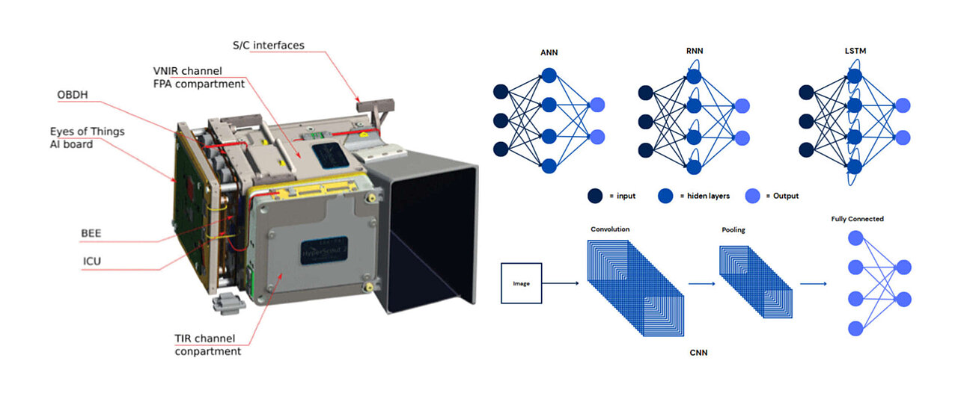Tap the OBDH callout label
click(76, 95)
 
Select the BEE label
click(91, 233)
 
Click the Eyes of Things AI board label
click(82, 137)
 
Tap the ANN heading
click(549, 53)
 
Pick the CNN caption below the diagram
click(698, 353)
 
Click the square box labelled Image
click(521, 284)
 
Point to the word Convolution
click(610, 229)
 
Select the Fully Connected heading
click(857, 219)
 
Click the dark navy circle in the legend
click(597, 196)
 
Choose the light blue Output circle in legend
click(753, 196)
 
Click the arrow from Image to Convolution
click(560, 284)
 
